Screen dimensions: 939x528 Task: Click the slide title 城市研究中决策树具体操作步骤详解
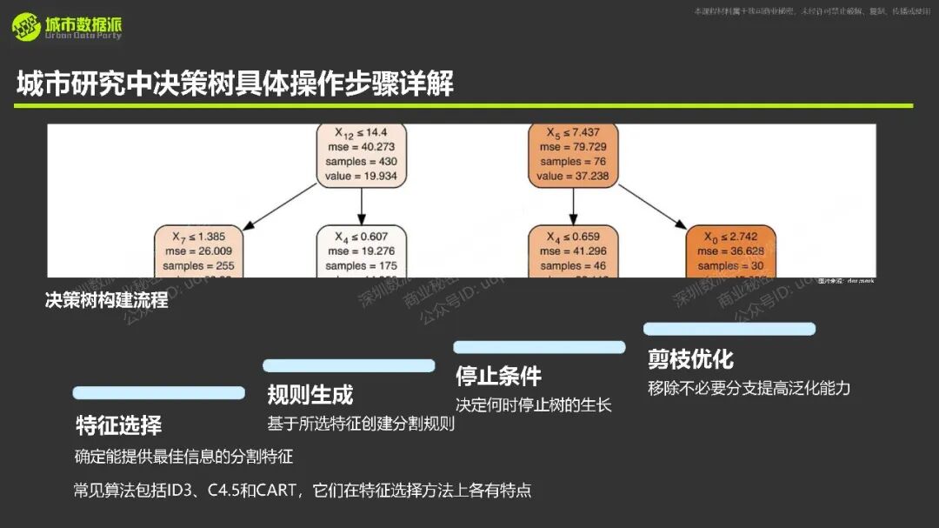click(235, 84)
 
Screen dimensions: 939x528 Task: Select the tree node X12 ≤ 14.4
click(360, 155)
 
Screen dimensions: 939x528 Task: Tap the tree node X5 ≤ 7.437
click(572, 155)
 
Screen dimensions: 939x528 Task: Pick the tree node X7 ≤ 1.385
click(199, 251)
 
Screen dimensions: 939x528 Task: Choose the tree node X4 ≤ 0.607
click(360, 251)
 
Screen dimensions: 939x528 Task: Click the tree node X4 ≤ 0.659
click(572, 251)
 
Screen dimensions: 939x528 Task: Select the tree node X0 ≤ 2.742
click(730, 251)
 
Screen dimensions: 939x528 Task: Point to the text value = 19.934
click(360, 177)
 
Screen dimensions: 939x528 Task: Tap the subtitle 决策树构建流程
click(106, 302)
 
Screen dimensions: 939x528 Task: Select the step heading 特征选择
click(118, 425)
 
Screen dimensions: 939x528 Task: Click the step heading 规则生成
click(310, 394)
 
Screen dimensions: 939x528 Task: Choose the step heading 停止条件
click(498, 376)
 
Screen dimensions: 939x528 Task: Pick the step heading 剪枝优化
click(690, 358)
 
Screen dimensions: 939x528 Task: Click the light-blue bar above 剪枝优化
click(729, 329)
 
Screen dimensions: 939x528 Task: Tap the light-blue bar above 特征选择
click(158, 393)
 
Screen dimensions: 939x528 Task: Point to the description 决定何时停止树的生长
click(534, 405)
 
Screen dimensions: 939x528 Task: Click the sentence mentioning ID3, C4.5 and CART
click(303, 490)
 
